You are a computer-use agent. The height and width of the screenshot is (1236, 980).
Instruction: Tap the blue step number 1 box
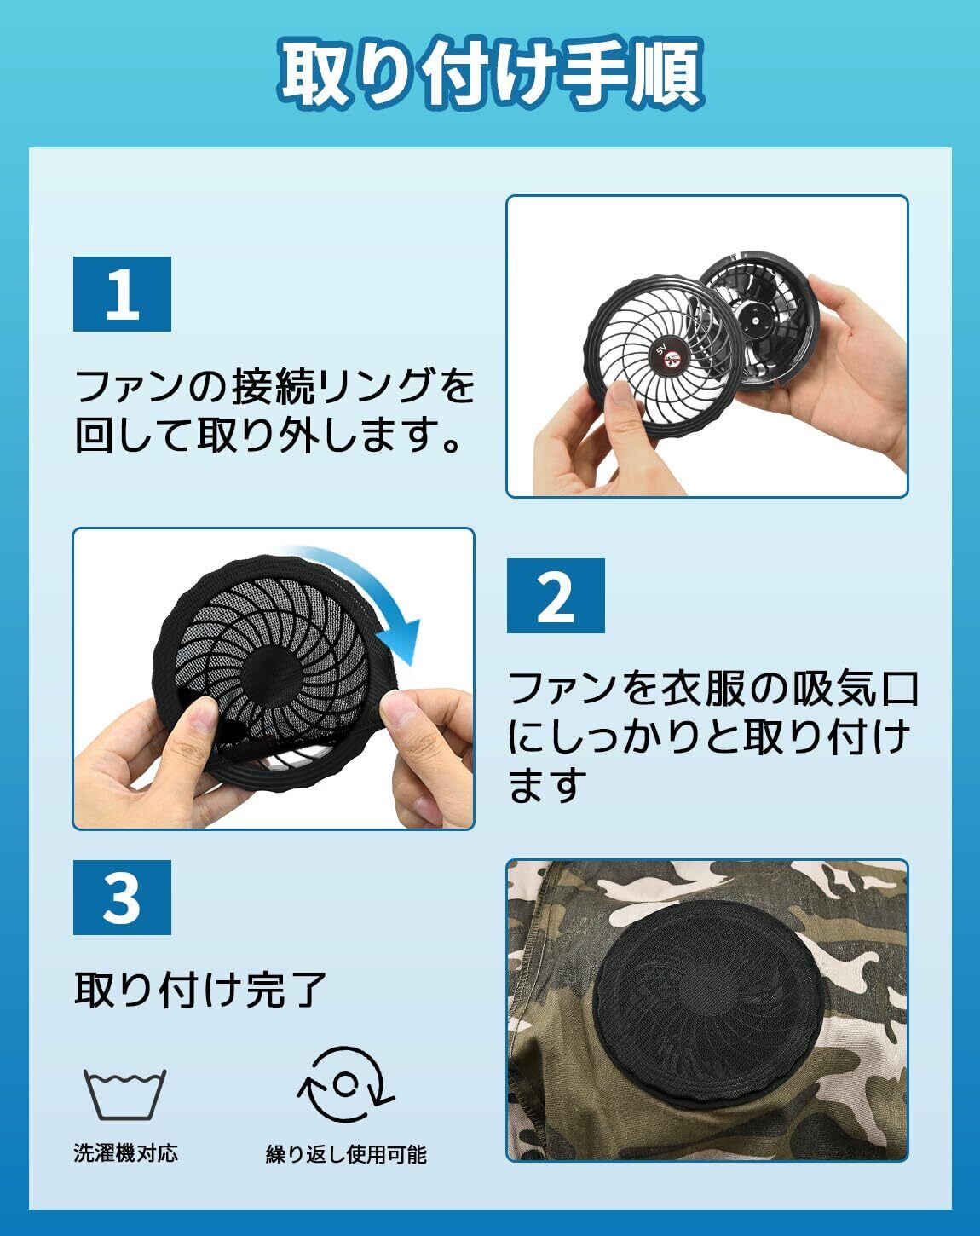(122, 294)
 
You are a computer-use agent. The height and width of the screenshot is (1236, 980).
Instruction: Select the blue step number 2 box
(556, 596)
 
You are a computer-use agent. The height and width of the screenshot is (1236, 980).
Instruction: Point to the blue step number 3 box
(122, 897)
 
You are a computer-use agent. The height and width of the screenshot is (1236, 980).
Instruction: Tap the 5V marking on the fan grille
(660, 349)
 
